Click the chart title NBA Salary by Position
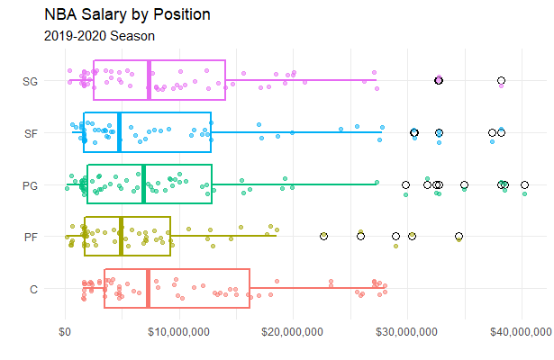pos(127,15)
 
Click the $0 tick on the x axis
pos(65,332)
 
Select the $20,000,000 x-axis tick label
pos(293,332)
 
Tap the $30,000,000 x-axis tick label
pos(407,332)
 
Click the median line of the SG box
pos(149,81)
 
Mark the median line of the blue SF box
pos(119,132)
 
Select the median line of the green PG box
pos(143,184)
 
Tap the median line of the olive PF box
pos(122,237)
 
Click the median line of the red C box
pos(148,289)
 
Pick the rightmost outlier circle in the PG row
pos(524,184)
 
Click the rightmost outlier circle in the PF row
pos(459,237)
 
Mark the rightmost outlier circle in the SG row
pos(501,81)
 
